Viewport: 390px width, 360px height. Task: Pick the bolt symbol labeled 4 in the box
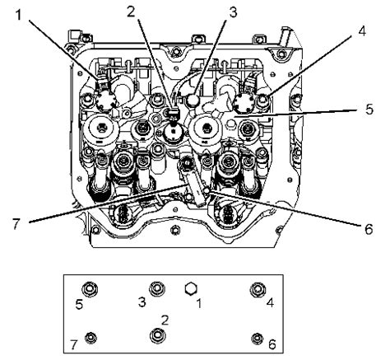(x=258, y=288)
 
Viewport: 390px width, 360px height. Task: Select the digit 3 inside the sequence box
(x=141, y=304)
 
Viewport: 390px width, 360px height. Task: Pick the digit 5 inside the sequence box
(x=78, y=304)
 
